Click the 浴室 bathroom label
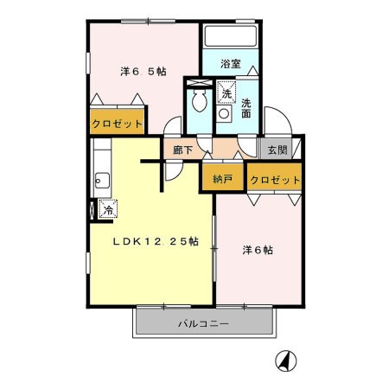tap(231, 64)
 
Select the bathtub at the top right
tap(230, 35)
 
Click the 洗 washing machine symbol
tap(226, 92)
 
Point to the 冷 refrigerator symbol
tap(108, 209)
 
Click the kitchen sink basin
tap(102, 181)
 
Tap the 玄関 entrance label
tap(277, 150)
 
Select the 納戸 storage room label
tap(222, 179)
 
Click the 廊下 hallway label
tap(182, 150)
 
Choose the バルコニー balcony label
tap(203, 323)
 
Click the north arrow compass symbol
tap(286, 360)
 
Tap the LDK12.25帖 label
tap(156, 241)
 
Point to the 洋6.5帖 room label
tap(143, 71)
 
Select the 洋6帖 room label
tap(258, 250)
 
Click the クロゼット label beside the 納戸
tap(275, 180)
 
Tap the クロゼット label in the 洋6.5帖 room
tap(117, 124)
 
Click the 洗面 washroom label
tap(246, 108)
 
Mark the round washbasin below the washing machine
tap(224, 113)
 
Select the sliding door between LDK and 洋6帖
tap(214, 248)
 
